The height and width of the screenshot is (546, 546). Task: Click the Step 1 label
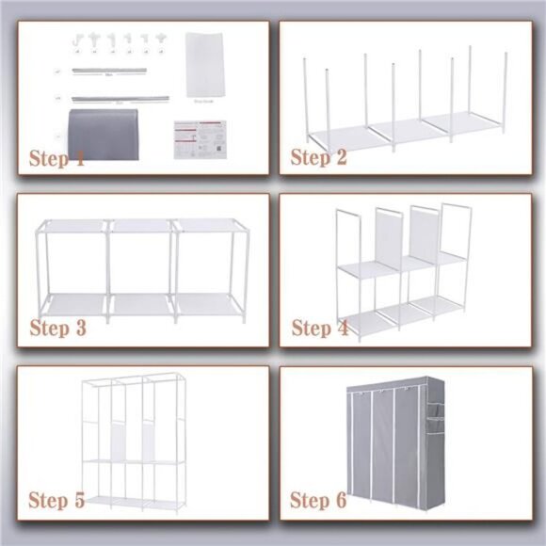57,158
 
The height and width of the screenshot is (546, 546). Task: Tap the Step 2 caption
318,157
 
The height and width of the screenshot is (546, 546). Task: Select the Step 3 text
57,329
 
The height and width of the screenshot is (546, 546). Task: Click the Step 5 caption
57,499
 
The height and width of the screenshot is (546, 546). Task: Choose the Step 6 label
318,499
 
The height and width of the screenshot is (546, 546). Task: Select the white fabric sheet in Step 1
203,63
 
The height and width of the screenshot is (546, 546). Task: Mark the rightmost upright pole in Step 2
505,90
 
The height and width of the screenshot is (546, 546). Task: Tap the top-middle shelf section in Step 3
139,227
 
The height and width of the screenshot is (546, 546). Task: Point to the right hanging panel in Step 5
147,437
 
